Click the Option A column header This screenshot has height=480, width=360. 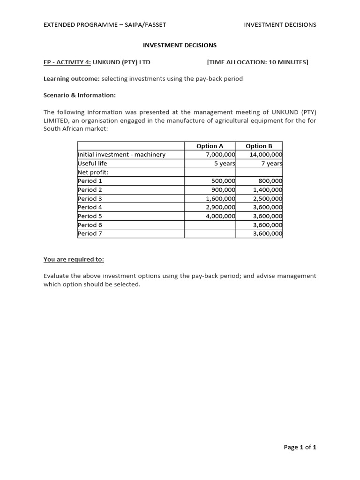pyautogui.click(x=210, y=146)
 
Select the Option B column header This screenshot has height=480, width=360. pyautogui.click(x=259, y=146)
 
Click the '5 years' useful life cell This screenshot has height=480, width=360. pyautogui.click(x=225, y=164)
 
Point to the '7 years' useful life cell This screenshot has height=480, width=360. pyautogui.click(x=271, y=164)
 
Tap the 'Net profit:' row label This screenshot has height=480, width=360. pyautogui.click(x=93, y=172)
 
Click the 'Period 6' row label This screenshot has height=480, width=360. pyautogui.click(x=90, y=225)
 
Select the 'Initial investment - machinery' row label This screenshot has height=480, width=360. pyautogui.click(x=121, y=155)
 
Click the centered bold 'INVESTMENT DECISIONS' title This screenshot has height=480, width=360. pyautogui.click(x=180, y=45)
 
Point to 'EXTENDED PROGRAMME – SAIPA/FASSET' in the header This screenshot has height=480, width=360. pyautogui.click(x=105, y=24)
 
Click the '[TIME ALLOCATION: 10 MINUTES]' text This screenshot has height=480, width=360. pyautogui.click(x=257, y=62)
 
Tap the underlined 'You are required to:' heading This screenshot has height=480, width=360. pyautogui.click(x=74, y=259)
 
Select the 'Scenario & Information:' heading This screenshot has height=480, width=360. pyautogui.click(x=79, y=95)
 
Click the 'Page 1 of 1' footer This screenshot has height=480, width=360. pyautogui.click(x=300, y=447)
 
